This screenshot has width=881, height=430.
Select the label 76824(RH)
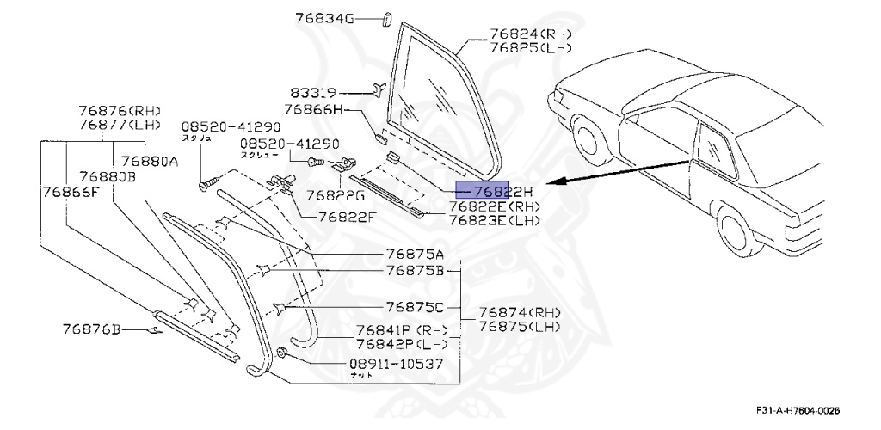tap(531, 34)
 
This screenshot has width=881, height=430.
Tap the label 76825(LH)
tap(531, 48)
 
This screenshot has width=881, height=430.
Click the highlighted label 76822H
tap(504, 192)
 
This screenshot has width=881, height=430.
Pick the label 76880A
tap(150, 161)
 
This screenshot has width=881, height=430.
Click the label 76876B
tap(93, 328)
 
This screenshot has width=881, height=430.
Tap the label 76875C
tap(415, 306)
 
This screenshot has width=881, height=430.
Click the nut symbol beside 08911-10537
tap(284, 352)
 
